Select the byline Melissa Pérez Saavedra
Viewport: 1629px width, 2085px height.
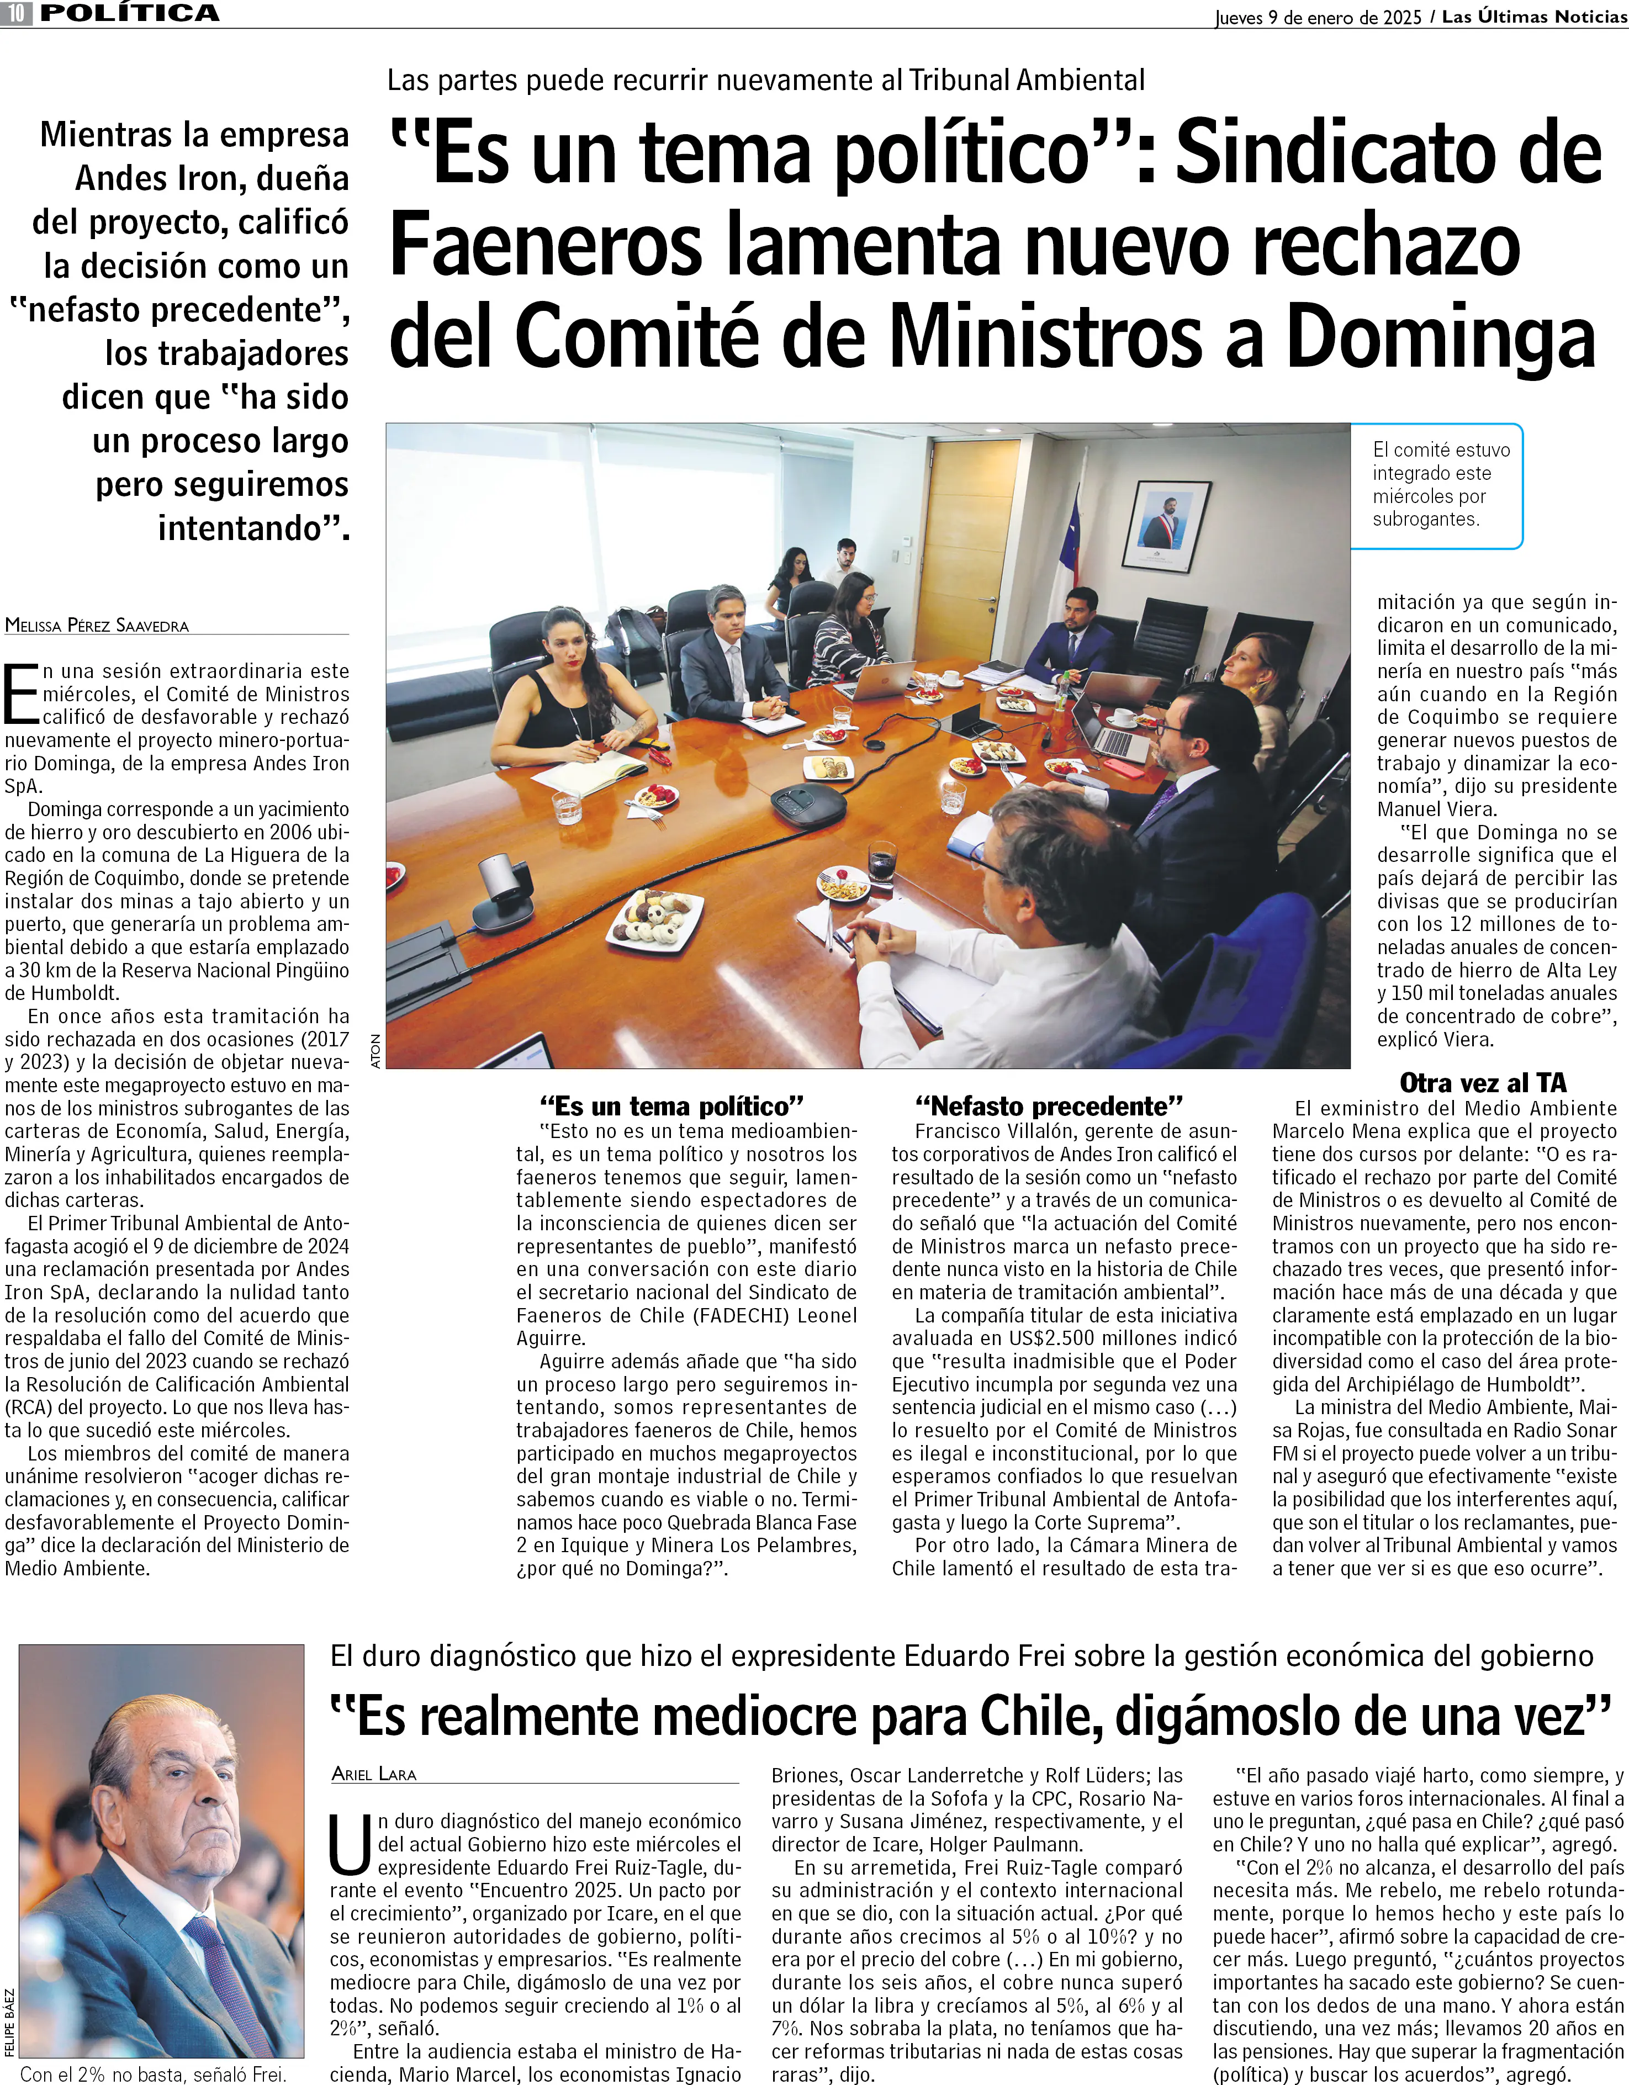(97, 626)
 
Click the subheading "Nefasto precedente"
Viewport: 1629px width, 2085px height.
(1049, 1107)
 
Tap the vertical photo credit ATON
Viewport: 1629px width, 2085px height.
(375, 1050)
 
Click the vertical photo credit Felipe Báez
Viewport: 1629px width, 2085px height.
(9, 2022)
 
